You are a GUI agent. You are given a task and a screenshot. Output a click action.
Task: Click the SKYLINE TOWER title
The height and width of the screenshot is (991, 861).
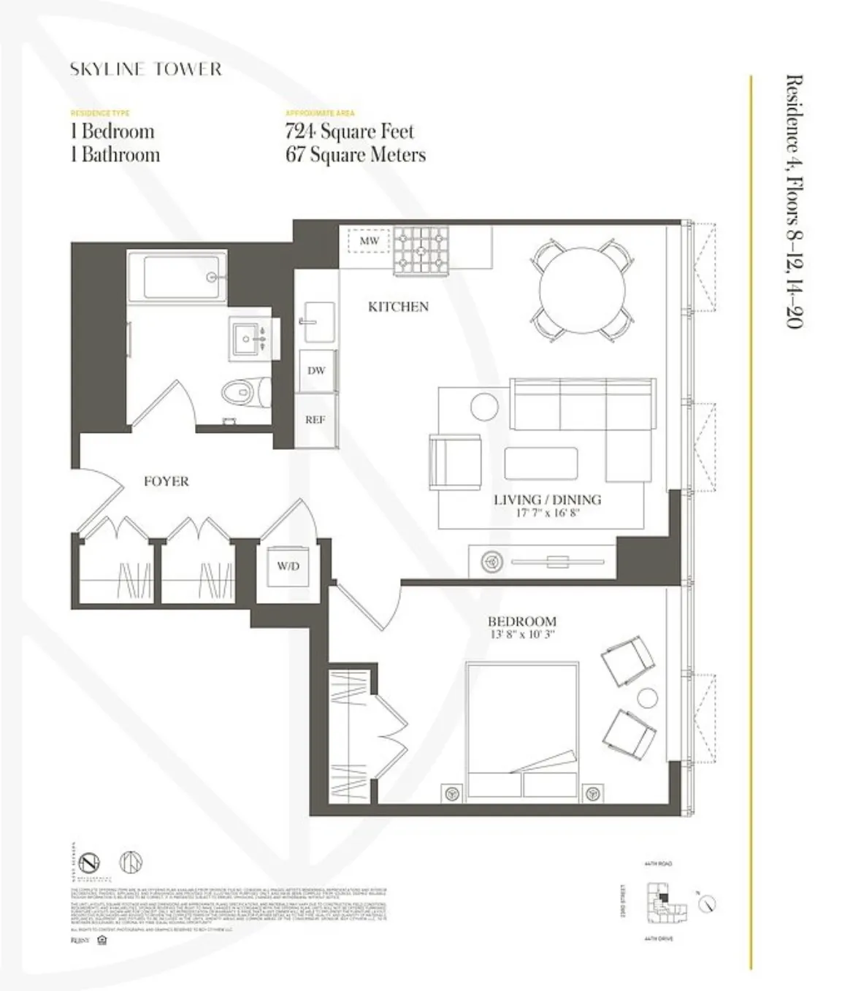tap(145, 69)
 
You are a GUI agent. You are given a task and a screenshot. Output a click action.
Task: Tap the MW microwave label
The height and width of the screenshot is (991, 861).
tap(369, 240)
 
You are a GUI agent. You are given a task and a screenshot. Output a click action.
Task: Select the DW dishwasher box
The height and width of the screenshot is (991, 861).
tap(315, 370)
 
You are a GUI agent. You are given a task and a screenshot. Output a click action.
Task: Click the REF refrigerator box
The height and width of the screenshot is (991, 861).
tap(315, 419)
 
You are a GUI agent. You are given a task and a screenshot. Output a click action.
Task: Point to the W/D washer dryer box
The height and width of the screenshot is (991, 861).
tap(288, 566)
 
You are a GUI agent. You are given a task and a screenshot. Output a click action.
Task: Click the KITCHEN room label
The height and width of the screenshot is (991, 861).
tap(398, 307)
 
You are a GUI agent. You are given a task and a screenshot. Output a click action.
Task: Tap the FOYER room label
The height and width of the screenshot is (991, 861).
tap(166, 481)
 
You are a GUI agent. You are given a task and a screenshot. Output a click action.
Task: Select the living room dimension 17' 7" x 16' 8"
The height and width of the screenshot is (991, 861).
tap(547, 513)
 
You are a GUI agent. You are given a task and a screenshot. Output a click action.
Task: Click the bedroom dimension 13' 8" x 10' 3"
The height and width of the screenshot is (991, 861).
tap(522, 635)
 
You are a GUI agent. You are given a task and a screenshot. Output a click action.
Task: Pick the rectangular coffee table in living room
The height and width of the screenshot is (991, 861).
tap(540, 464)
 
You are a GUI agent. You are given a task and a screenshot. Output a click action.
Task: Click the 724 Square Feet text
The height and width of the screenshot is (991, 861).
tap(349, 131)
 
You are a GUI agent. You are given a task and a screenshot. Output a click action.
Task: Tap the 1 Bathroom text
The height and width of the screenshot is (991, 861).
tap(115, 155)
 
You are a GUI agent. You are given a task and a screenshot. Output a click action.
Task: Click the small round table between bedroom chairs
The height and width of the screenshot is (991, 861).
tap(647, 697)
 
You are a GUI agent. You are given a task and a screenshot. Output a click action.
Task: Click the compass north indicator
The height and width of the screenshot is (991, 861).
tap(706, 904)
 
